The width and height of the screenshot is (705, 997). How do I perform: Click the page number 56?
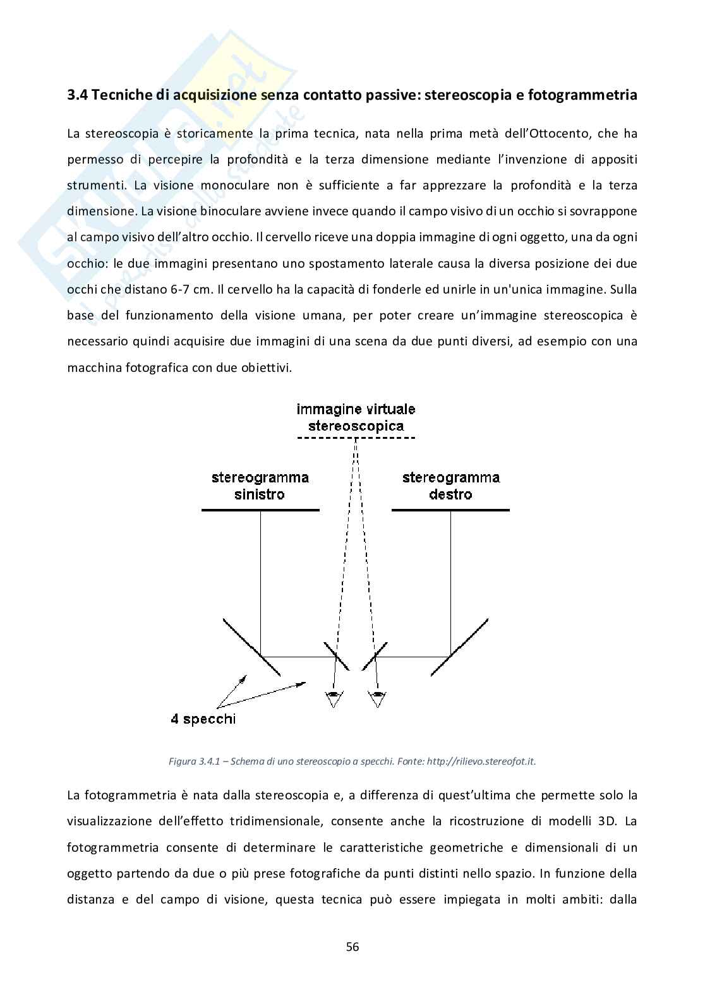[x=352, y=946]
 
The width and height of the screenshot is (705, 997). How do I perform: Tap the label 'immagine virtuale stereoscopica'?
[x=356, y=417]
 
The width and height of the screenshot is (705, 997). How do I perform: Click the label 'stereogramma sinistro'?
[x=260, y=486]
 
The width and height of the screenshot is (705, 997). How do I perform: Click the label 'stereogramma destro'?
[x=450, y=486]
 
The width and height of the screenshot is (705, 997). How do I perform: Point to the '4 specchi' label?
[x=203, y=719]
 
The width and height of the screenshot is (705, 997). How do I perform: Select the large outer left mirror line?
[x=251, y=647]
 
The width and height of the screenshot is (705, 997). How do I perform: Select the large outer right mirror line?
[x=460, y=647]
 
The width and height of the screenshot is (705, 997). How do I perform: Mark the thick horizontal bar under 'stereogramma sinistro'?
[x=260, y=510]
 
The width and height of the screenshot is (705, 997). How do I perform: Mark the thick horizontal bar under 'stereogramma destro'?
[x=450, y=510]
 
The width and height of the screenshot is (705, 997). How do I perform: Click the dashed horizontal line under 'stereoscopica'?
[x=356, y=438]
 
